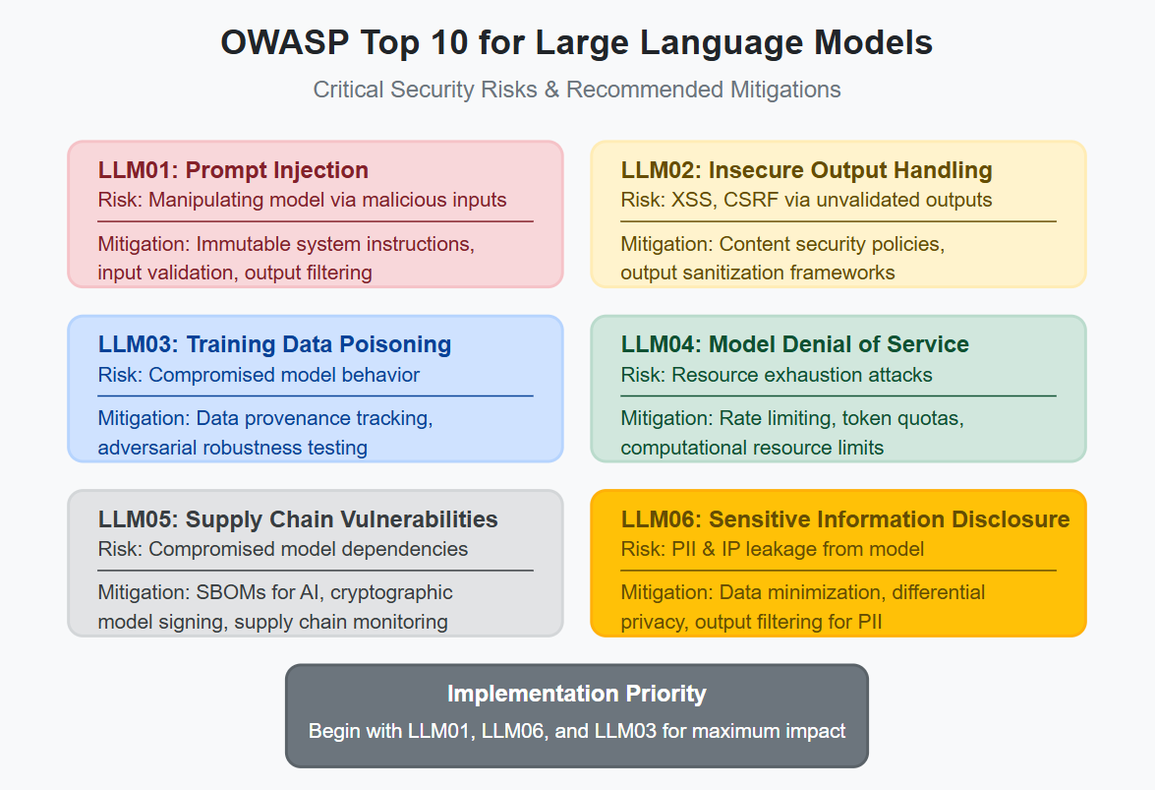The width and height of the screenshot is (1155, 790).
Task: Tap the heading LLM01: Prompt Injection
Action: point(233,170)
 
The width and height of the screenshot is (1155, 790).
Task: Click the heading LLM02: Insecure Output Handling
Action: point(806,170)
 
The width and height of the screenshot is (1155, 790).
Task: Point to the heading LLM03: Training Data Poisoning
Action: point(274,344)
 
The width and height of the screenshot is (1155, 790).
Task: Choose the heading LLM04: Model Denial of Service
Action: point(794,344)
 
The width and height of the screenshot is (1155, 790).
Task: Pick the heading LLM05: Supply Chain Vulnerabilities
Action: point(298,519)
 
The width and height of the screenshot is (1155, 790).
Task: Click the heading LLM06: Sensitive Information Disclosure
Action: point(845,519)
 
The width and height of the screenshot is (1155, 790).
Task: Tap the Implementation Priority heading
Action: point(577,694)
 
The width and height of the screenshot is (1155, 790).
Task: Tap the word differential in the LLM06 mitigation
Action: point(939,592)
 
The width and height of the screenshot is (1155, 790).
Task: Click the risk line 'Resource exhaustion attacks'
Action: point(777,375)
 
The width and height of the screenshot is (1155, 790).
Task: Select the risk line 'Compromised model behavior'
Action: point(259,375)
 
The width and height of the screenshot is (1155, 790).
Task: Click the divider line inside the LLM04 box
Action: point(838,395)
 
